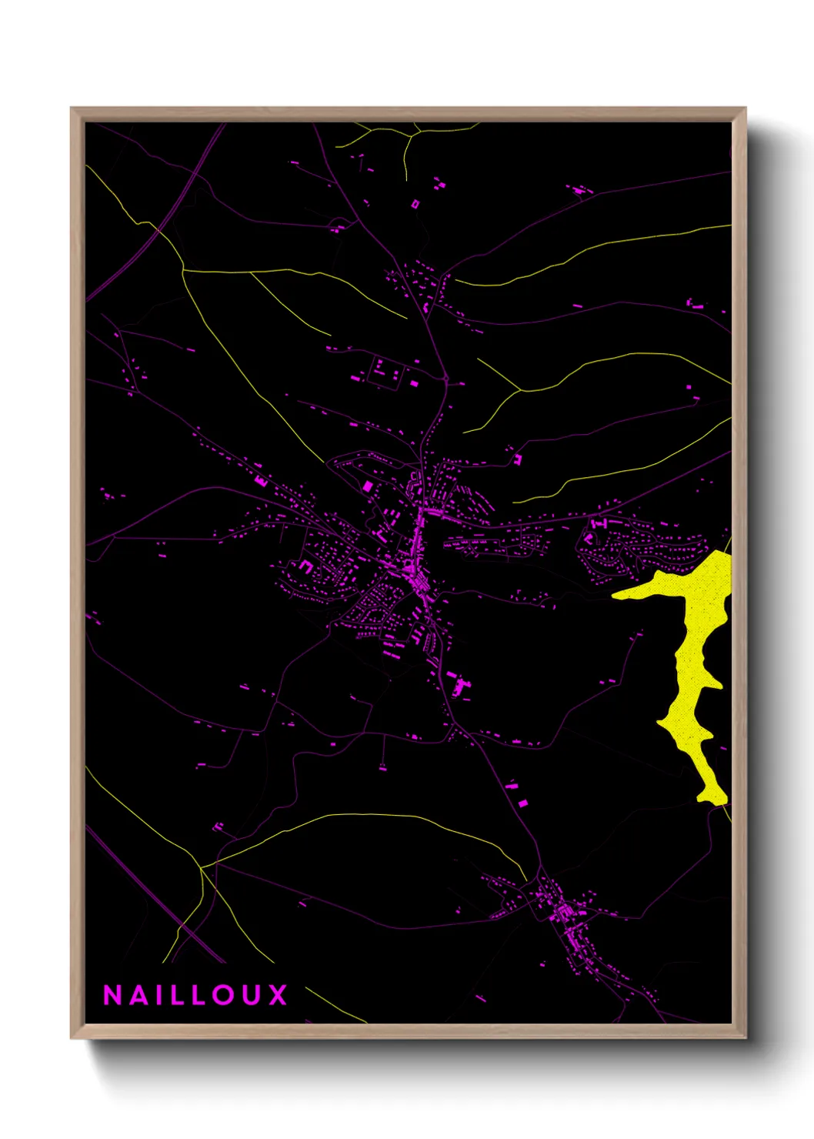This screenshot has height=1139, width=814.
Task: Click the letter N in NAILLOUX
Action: pos(112,995)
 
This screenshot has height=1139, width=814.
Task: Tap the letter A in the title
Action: pos(138,995)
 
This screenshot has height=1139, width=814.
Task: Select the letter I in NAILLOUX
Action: pos(157,995)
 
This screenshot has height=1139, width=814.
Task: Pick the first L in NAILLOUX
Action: pos(175,995)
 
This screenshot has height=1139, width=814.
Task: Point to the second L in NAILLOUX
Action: pos(198,995)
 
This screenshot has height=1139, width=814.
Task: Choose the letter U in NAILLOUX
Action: pos(252,995)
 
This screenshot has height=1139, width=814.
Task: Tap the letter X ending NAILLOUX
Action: pos(278,995)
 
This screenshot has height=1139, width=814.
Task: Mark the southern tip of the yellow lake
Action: pos(712,799)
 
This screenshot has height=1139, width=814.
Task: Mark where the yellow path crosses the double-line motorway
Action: pos(158,229)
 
